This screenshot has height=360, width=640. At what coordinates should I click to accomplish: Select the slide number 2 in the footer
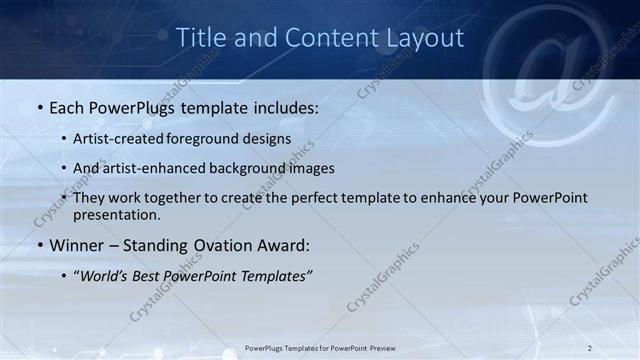point(589,348)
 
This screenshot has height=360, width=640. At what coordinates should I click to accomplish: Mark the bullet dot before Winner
point(39,244)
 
